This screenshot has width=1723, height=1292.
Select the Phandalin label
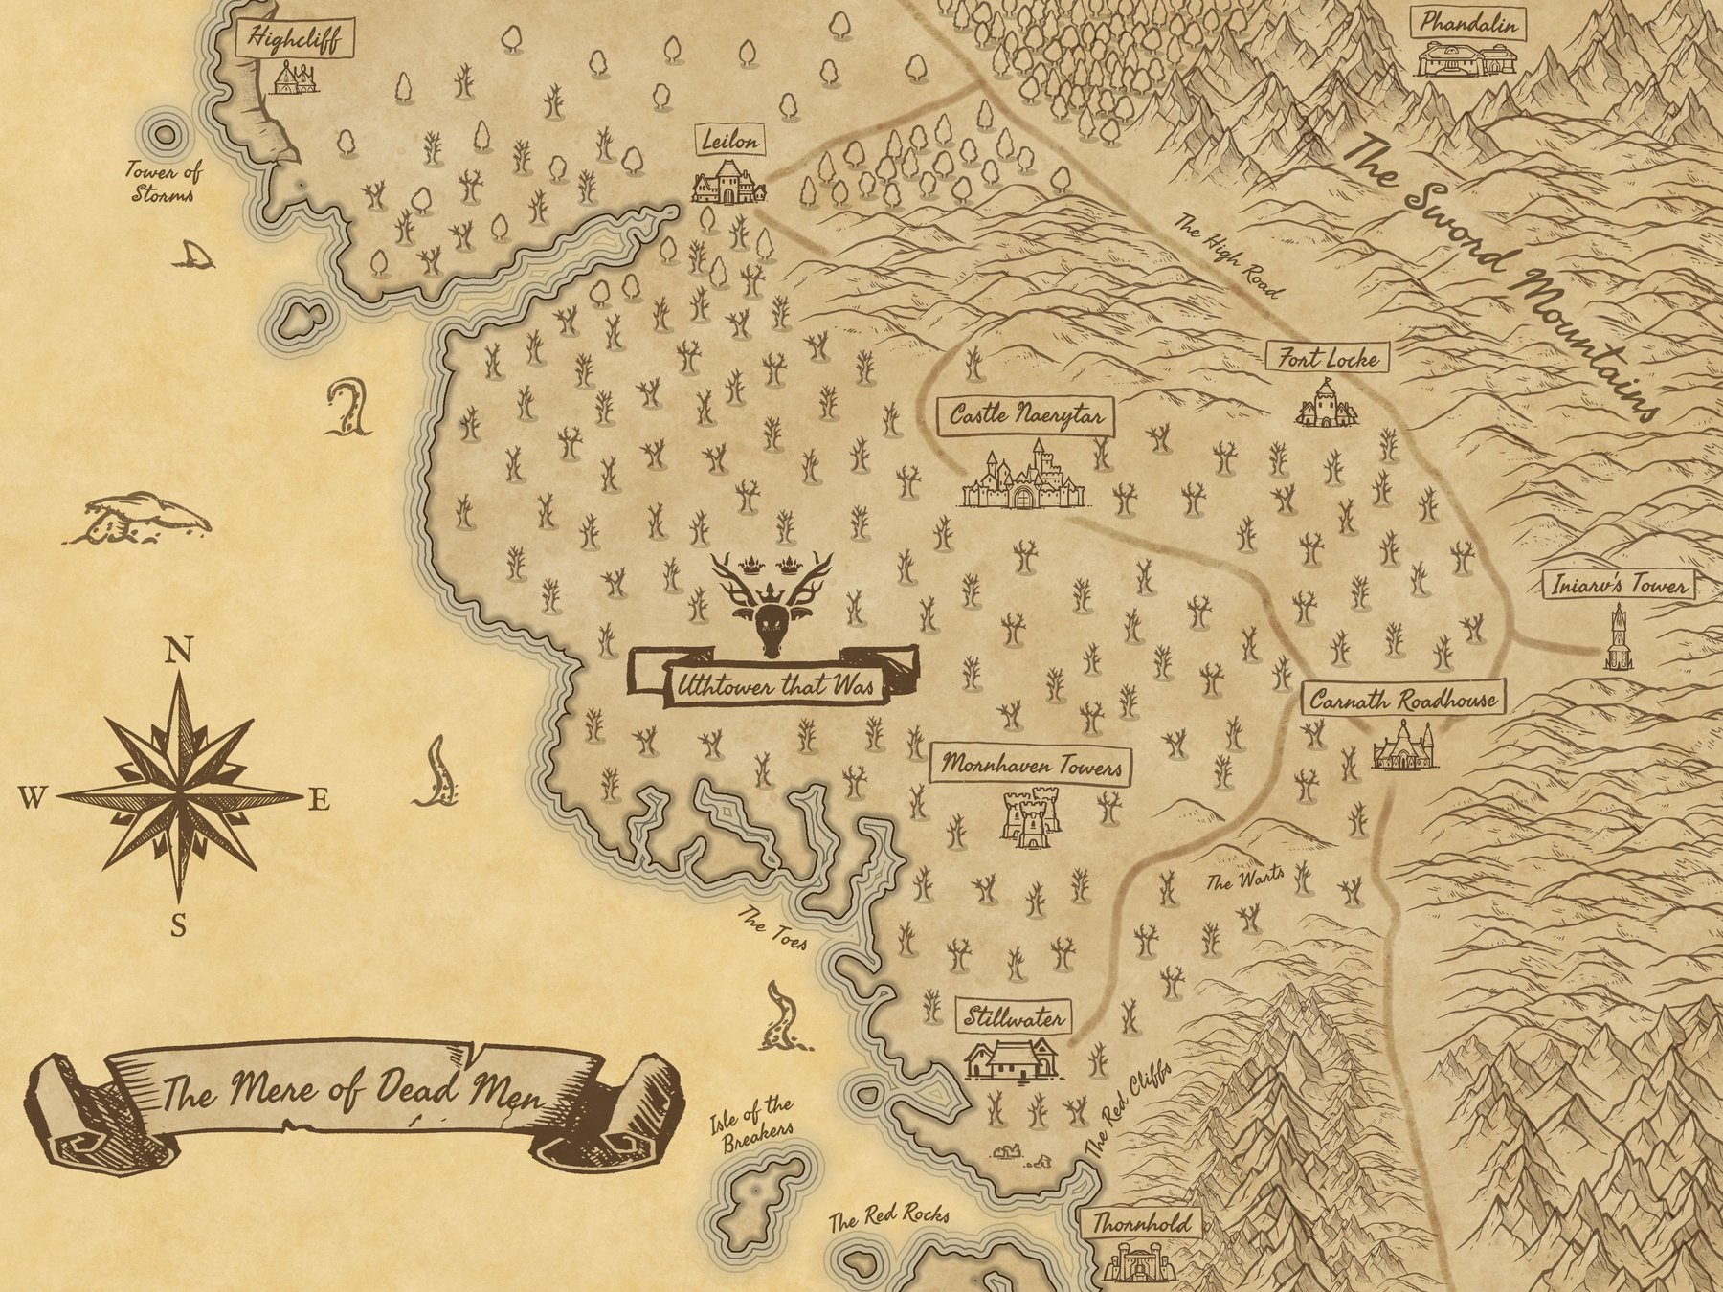pyautogui.click(x=1467, y=24)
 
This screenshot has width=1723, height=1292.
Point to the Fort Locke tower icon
pyautogui.click(x=1326, y=403)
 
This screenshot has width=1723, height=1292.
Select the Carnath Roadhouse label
pyautogui.click(x=1402, y=700)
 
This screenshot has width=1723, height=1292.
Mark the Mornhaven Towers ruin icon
pyautogui.click(x=1030, y=816)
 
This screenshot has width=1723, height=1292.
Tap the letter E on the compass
pyautogui.click(x=319, y=800)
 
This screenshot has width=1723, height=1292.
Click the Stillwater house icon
pyautogui.click(x=1012, y=1058)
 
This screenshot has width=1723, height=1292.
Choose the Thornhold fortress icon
pyautogui.click(x=1137, y=1260)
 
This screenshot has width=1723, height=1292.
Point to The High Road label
pyautogui.click(x=1228, y=255)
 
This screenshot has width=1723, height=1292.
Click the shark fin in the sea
pyautogui.click(x=194, y=255)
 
